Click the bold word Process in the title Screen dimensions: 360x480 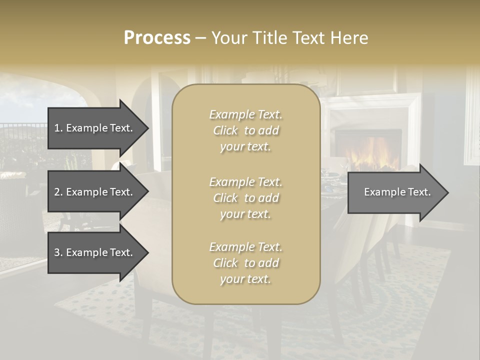157,38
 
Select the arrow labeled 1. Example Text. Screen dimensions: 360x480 95,128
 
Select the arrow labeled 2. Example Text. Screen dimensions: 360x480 95,192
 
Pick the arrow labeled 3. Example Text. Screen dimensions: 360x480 95,252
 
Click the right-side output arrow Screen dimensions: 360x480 395,192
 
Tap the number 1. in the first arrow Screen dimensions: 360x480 58,128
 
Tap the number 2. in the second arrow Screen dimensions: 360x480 58,192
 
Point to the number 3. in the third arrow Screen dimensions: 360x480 58,252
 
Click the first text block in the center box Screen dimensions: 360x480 246,130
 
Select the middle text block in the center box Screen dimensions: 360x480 246,198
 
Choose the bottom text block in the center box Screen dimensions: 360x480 246,263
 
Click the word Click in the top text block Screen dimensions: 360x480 225,130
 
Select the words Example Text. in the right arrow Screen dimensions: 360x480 397,192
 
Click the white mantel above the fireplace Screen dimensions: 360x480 370,102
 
